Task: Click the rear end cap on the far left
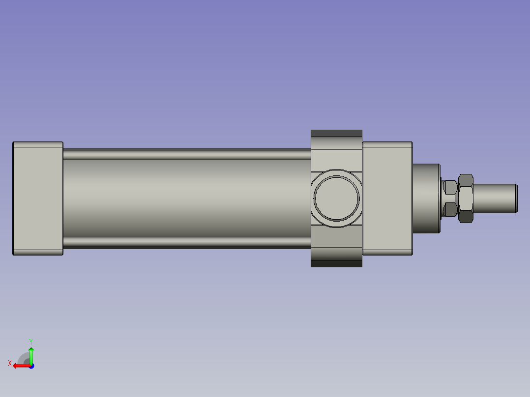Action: (37, 198)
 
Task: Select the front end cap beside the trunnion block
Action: (387, 198)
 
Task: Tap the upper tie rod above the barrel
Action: (187, 154)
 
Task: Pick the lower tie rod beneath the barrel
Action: (187, 243)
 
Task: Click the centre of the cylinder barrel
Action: (187, 198)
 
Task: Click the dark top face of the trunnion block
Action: (336, 133)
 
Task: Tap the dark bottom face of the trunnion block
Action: (336, 264)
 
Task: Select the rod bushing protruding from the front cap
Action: (425, 198)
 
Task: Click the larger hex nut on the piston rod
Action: (466, 198)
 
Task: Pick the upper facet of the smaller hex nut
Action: (450, 187)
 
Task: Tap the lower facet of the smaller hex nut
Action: (450, 210)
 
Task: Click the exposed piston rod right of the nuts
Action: (494, 198)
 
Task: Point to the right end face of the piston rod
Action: (516, 198)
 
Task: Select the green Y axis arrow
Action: (31, 355)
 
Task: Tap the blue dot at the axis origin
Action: (31, 366)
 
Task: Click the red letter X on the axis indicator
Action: (9, 363)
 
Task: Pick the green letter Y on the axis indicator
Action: (30, 341)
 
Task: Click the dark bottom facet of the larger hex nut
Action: (466, 217)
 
